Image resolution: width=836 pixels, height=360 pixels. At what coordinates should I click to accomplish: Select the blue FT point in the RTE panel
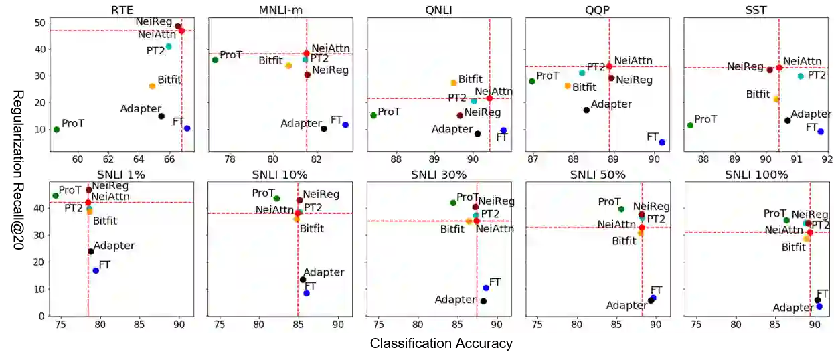tap(187, 128)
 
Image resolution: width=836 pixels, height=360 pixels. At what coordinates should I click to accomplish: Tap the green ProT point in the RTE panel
tap(56, 130)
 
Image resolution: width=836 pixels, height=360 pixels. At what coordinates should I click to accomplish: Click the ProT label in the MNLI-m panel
tap(231, 55)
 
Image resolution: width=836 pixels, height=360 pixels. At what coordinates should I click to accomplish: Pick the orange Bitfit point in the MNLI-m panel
tap(288, 66)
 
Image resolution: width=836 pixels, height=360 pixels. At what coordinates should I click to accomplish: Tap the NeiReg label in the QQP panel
tap(634, 80)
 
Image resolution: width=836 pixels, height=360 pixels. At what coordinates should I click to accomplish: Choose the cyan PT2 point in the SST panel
tap(801, 76)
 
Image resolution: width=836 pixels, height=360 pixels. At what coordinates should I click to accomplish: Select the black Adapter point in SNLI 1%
tap(91, 252)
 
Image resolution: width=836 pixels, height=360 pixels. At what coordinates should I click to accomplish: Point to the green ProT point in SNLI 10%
tap(276, 199)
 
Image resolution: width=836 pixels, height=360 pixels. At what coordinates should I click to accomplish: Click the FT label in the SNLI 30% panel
tap(495, 282)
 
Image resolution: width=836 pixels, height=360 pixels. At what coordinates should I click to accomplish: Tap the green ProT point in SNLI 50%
tap(621, 209)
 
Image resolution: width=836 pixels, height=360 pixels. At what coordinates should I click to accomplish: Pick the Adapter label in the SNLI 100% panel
tap(793, 308)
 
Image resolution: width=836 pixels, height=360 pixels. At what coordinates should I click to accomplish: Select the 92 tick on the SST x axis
tap(827, 160)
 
